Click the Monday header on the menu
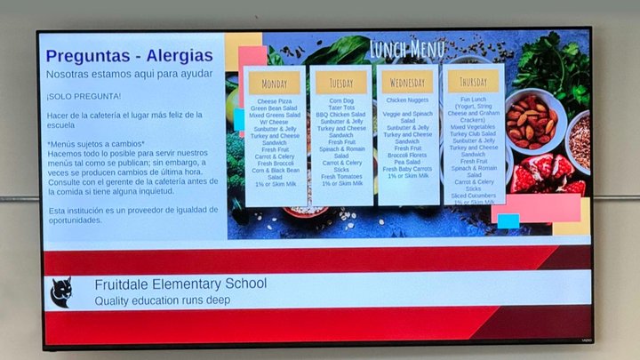tap(275, 84)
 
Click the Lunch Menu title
tap(407, 48)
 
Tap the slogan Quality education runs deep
tap(163, 300)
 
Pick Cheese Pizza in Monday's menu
tap(275, 101)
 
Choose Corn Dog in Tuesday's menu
tap(341, 101)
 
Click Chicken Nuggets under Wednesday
tap(408, 101)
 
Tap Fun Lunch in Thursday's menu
tap(474, 100)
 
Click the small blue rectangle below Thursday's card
tap(508, 220)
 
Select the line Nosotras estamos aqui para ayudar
tap(129, 74)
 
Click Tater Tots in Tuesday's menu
tap(341, 108)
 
